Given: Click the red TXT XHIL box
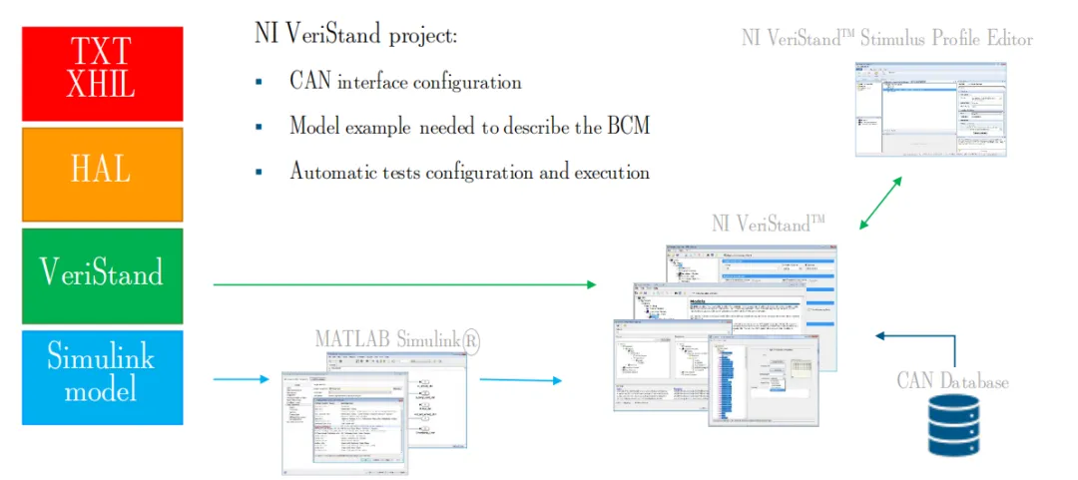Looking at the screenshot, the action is click(x=103, y=73).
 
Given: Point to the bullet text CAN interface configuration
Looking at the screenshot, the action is click(x=405, y=81).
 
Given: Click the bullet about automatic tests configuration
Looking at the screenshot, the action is click(x=469, y=172).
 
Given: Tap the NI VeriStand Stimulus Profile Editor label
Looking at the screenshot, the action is click(x=886, y=39).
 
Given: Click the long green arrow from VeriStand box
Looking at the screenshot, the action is click(x=404, y=285).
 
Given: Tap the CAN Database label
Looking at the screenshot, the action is click(x=952, y=381).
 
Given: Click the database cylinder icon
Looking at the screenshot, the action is click(x=952, y=427).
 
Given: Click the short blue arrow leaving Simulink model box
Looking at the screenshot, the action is click(x=241, y=379).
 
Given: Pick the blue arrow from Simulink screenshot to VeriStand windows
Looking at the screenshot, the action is click(x=519, y=380).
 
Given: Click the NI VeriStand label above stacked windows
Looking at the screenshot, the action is click(x=768, y=224).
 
